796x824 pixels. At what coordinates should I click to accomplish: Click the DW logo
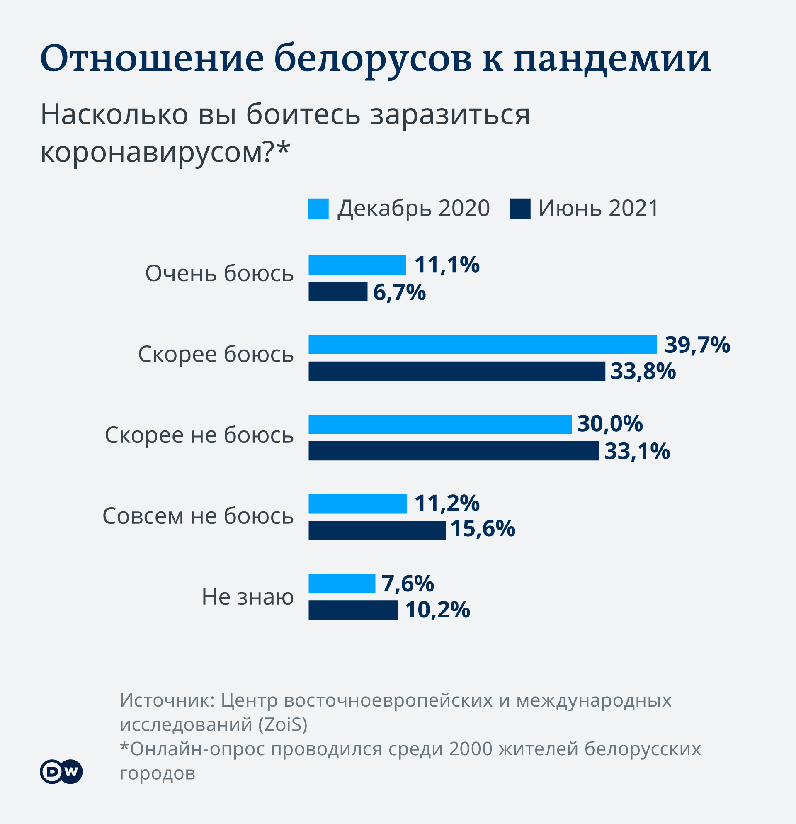[61, 771]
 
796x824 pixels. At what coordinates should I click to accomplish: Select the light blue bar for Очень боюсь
[357, 265]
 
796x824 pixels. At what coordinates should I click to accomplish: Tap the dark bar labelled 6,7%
[338, 292]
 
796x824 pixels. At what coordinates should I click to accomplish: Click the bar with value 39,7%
[483, 345]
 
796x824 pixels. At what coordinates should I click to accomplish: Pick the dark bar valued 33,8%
[457, 371]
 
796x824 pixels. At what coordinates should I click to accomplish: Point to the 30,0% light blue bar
[440, 424]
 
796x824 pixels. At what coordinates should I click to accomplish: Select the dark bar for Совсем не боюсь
[377, 530]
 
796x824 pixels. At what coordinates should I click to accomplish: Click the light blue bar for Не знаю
[342, 583]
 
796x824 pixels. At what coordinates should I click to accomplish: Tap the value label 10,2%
[437, 610]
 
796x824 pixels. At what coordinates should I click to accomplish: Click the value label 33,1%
[637, 451]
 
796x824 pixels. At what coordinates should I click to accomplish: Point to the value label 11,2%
[447, 503]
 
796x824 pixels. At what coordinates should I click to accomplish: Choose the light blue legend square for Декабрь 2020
[318, 209]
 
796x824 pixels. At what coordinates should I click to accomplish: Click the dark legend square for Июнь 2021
[520, 209]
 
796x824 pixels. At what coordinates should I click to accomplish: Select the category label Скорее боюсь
[216, 354]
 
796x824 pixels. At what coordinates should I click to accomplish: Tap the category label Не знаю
[248, 597]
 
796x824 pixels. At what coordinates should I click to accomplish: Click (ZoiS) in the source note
[283, 724]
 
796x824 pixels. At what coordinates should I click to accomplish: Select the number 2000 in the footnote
[470, 749]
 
